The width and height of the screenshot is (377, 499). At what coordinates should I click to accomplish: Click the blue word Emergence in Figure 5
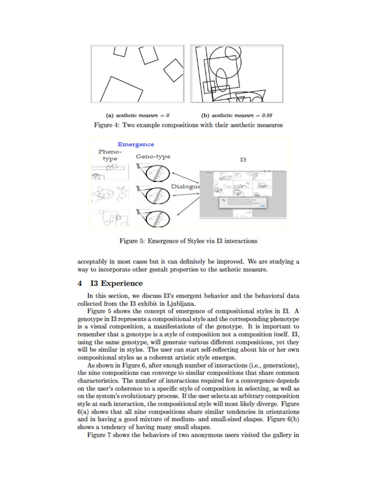click(x=136, y=144)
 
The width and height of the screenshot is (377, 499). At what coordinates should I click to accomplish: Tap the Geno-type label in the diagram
click(x=153, y=156)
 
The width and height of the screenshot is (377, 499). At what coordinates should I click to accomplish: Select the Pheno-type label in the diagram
click(x=110, y=155)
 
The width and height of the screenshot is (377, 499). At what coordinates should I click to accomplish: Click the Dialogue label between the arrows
click(x=185, y=186)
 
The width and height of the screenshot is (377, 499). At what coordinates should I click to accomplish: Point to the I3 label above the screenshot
click(x=243, y=159)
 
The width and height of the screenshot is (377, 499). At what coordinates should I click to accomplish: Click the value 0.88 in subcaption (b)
click(x=267, y=116)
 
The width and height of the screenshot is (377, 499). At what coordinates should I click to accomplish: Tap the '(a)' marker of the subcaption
click(x=110, y=116)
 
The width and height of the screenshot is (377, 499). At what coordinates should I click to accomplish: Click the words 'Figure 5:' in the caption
click(x=132, y=241)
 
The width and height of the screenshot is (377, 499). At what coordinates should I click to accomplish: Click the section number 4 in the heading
click(x=80, y=283)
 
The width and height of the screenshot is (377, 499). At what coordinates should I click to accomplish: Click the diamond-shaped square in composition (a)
click(x=174, y=70)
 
